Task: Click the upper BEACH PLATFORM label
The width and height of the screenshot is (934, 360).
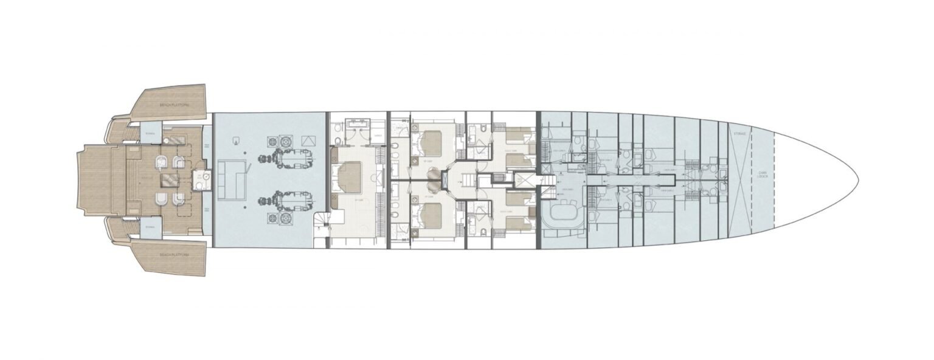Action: point(174,105)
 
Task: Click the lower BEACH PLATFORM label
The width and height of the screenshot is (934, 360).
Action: point(174,254)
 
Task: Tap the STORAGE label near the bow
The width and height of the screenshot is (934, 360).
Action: point(739,133)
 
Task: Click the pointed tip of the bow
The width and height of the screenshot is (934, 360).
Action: point(857,179)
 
